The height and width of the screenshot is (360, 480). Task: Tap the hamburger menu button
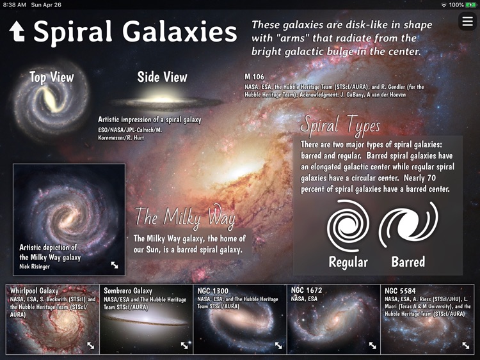[x=466, y=22]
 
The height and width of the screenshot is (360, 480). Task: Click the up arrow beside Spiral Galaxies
[x=17, y=33]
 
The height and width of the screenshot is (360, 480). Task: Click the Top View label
[x=51, y=77]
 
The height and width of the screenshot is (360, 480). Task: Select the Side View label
[x=162, y=77]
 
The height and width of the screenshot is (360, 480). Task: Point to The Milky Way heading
[x=185, y=218]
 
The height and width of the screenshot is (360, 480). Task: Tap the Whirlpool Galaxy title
[x=34, y=291]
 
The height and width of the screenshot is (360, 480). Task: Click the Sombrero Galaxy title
[x=129, y=291]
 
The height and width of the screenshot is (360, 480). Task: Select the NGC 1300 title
[x=212, y=291]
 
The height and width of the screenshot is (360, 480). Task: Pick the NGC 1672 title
[x=307, y=291]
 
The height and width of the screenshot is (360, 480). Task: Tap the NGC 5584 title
[x=400, y=291]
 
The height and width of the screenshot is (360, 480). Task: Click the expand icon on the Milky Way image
[x=115, y=265]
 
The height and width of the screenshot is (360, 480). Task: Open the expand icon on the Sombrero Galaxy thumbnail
[x=184, y=345]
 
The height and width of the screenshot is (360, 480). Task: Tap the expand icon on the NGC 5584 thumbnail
[x=466, y=345]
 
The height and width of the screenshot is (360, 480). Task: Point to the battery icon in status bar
[x=471, y=4]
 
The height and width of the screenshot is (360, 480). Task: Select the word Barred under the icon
[x=408, y=262]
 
